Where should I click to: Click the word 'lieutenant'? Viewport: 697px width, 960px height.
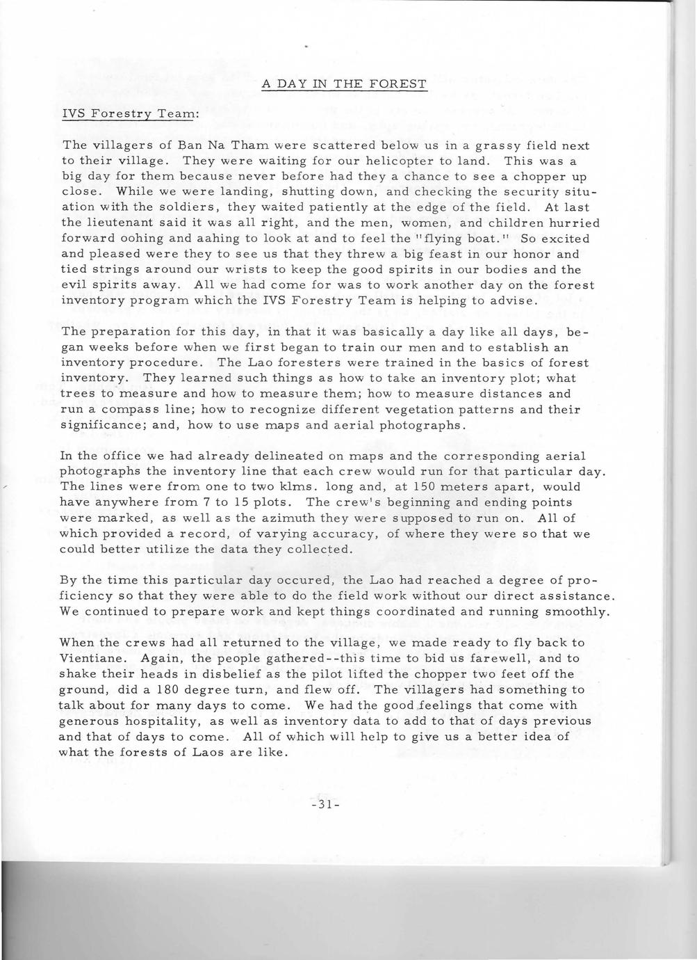126,223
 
